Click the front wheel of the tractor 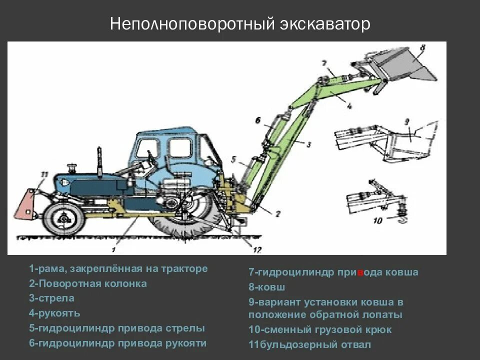(63, 218)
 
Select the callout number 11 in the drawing (44, 174)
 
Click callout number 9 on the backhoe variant (406, 121)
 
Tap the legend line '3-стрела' (51, 298)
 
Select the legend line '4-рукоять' (54, 313)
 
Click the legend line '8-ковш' (267, 287)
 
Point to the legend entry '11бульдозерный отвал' (310, 344)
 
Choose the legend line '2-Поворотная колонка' (88, 283)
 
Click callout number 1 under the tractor (114, 248)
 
